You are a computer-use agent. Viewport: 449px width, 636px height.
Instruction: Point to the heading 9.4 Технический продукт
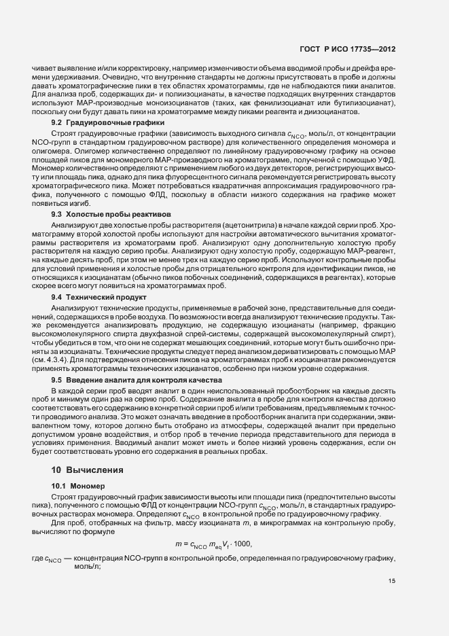tap(90, 298)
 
